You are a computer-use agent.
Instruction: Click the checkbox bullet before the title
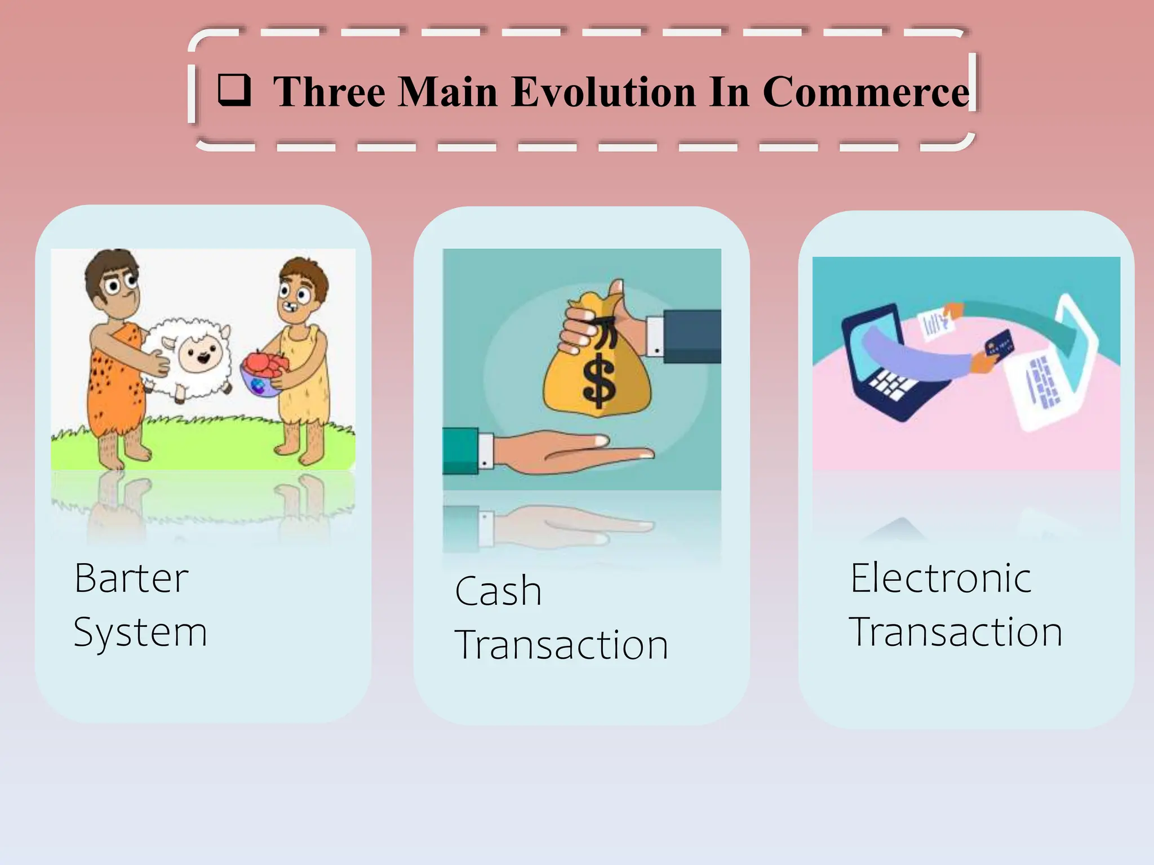234,90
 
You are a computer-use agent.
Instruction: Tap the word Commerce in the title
865,91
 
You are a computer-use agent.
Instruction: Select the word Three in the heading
329,91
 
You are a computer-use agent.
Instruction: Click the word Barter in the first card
131,578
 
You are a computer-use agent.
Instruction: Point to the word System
140,632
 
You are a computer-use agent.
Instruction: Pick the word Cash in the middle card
498,591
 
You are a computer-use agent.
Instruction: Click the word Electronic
940,578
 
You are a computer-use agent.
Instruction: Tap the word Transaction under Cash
561,645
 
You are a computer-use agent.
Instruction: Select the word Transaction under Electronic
956,632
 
